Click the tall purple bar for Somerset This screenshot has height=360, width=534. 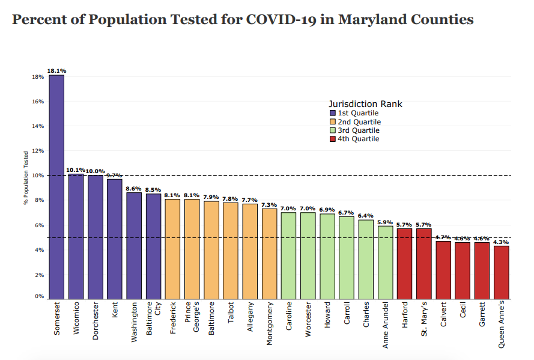pos(56,186)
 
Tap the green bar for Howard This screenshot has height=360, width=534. pos(327,256)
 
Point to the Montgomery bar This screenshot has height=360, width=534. pos(269,253)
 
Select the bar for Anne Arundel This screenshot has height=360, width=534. pos(385,262)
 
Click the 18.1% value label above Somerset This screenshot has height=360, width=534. pos(56,71)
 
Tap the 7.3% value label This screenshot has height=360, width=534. pos(269,204)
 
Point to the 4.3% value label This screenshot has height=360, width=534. pos(501,242)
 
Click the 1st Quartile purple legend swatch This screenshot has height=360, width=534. pos(333,113)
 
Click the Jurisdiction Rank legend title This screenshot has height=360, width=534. pos(365,104)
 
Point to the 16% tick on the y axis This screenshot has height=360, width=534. pos(38,102)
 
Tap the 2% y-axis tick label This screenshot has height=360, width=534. pos(40,275)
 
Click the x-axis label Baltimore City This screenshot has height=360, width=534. pos(154,318)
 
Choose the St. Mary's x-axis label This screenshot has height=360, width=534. pos(424,319)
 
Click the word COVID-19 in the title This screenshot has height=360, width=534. pos(289,20)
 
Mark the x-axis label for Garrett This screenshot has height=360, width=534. pos(482,314)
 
